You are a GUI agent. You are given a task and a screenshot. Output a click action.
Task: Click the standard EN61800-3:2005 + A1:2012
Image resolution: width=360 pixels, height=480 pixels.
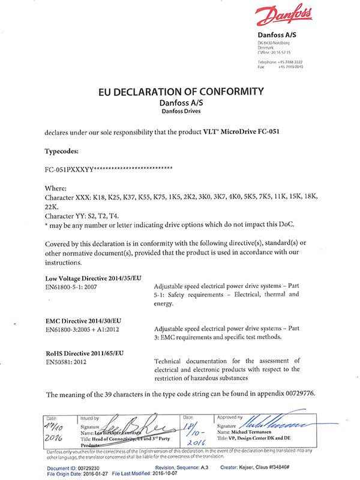pos(86,329)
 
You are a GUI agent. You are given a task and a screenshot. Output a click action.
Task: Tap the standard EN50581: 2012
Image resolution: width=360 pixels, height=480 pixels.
pos(68,362)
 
